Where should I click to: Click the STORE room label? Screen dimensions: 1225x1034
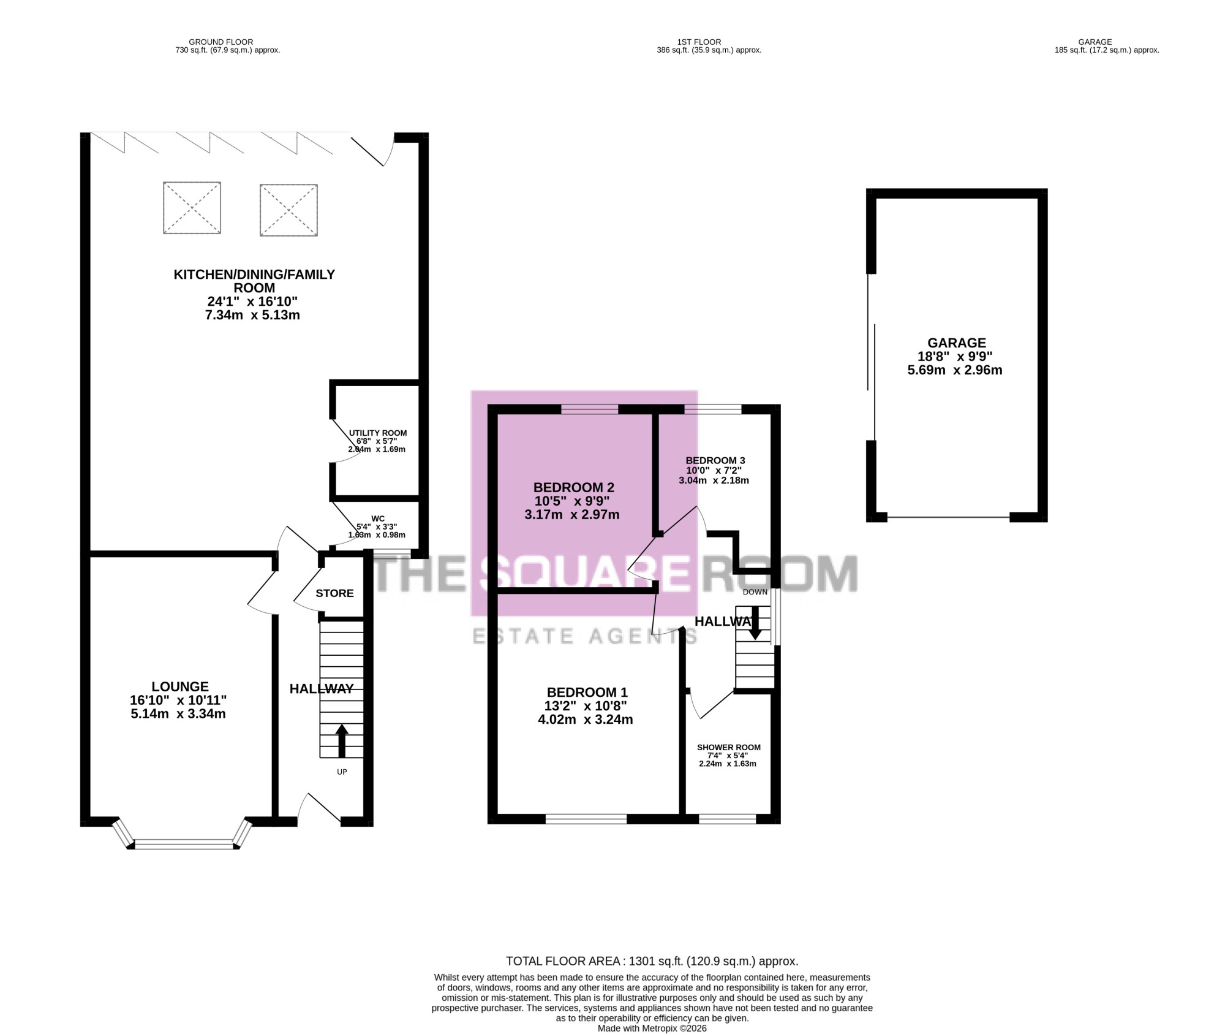point(334,593)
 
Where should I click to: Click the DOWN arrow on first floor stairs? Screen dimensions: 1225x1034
point(755,623)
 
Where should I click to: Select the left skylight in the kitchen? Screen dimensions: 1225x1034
point(192,208)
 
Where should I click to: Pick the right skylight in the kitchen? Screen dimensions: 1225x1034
point(288,210)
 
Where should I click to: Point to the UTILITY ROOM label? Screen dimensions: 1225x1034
point(378,433)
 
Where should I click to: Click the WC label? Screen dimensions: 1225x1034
point(378,519)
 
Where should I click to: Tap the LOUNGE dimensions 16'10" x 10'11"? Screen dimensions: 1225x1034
point(178,700)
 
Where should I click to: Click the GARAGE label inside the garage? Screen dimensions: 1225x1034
point(957,343)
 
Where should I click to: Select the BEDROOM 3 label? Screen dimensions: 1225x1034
point(715,460)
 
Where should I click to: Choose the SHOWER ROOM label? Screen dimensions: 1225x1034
point(729,747)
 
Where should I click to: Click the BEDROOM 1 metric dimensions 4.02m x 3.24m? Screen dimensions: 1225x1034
point(586,720)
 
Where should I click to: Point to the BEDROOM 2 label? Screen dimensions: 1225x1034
point(574,487)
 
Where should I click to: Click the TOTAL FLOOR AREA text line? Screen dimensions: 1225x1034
point(652,961)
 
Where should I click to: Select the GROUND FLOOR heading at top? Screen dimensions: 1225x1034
point(221,42)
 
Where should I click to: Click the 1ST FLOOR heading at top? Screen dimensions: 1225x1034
point(699,42)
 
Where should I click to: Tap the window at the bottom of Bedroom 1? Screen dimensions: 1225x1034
point(586,818)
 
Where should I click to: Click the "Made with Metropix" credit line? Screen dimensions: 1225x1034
point(652,1028)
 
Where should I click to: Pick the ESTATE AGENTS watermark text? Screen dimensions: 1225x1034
point(586,636)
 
